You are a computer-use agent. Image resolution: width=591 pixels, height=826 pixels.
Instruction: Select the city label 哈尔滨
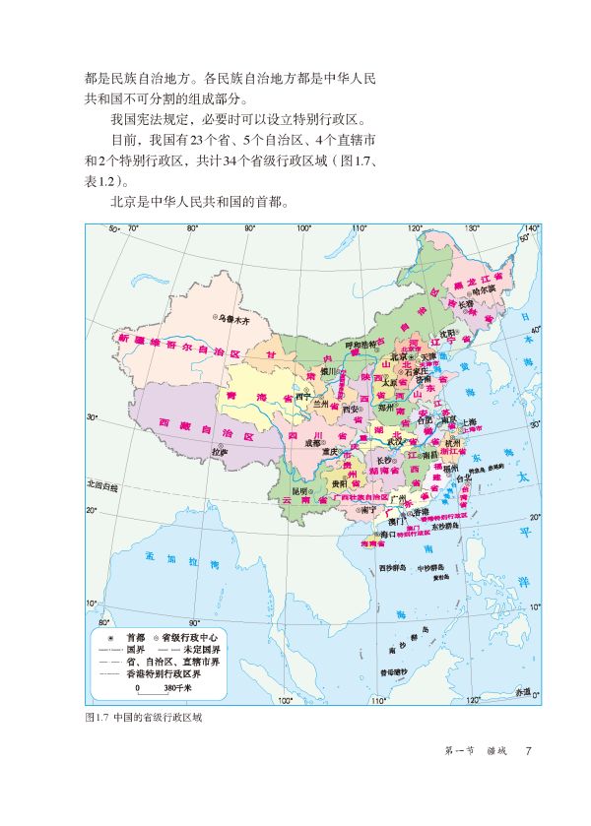[x=483, y=290]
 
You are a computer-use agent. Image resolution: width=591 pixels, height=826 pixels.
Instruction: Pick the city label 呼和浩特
[x=361, y=345]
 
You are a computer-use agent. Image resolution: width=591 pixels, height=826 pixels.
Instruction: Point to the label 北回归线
[x=101, y=486]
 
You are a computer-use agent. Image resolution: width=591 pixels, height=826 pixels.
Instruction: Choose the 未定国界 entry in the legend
[x=205, y=650]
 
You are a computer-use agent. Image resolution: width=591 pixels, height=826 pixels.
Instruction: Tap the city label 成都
[x=313, y=443]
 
